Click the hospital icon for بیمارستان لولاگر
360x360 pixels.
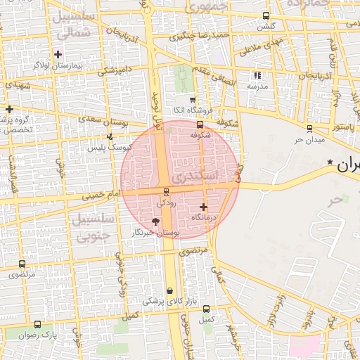pos(58,54)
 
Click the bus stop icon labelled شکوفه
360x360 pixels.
pos(200,125)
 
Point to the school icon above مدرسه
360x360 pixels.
pos(257,75)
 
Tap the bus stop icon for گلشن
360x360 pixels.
pos(265,15)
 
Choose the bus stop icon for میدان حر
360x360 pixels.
pos(309,128)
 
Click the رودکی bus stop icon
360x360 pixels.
pos(166,192)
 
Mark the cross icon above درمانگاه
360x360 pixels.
pos(204,207)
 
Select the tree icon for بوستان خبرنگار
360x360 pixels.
pos(155,221)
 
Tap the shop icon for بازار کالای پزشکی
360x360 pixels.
pos(169,290)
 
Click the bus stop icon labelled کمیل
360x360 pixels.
pos(206,309)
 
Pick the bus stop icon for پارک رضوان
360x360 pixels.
pos(37,325)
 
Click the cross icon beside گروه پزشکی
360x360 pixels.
pos(9,109)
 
